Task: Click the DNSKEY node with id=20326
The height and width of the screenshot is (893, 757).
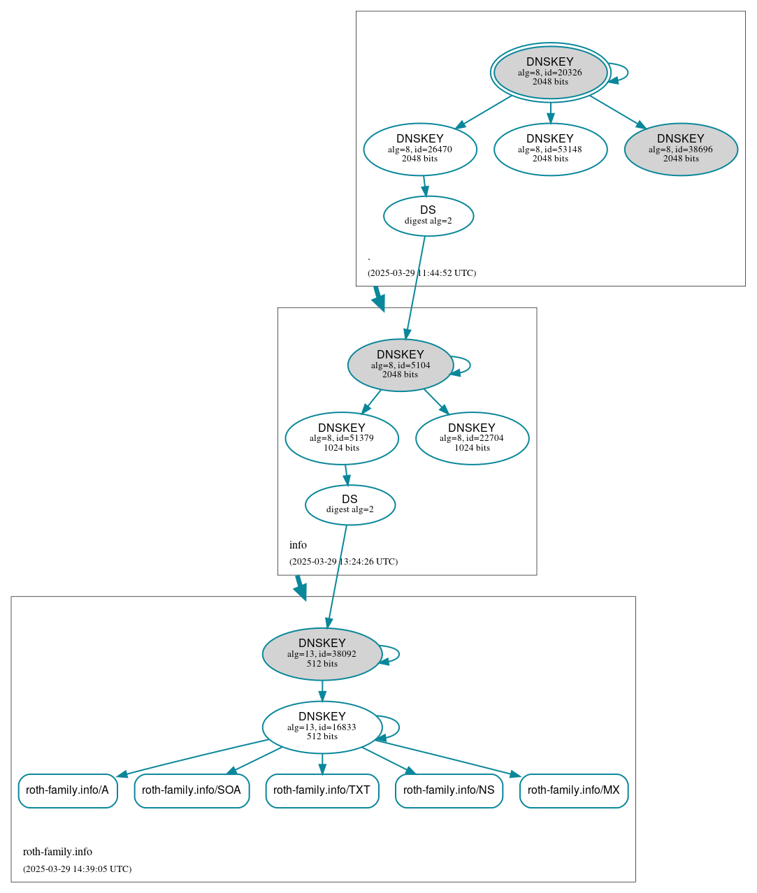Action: pyautogui.click(x=550, y=72)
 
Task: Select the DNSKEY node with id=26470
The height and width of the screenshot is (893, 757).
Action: pyautogui.click(x=420, y=149)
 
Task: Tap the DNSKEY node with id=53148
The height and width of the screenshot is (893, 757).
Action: pyautogui.click(x=550, y=149)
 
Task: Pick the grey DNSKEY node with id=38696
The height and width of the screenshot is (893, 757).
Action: pyautogui.click(x=681, y=149)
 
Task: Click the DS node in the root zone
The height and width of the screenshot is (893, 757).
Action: pyautogui.click(x=428, y=216)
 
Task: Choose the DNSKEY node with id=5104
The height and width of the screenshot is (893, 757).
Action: pyautogui.click(x=401, y=365)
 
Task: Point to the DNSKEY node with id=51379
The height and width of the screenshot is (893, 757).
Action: pyautogui.click(x=342, y=438)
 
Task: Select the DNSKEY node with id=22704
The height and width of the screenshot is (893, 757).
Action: pyautogui.click(x=472, y=438)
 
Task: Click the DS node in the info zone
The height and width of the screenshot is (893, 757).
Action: pyautogui.click(x=350, y=504)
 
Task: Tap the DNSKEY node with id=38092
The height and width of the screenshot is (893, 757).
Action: pyautogui.click(x=322, y=654)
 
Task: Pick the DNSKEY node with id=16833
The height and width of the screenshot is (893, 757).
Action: pyautogui.click(x=322, y=727)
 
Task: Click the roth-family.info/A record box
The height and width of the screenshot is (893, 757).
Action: pyautogui.click(x=68, y=790)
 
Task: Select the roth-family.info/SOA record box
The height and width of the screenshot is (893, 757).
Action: pyautogui.click(x=192, y=790)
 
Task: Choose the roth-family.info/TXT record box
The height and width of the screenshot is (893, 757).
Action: pyautogui.click(x=322, y=790)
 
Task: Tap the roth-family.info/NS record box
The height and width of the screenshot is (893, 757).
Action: pyautogui.click(x=449, y=790)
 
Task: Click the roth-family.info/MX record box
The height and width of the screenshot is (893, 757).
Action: pyautogui.click(x=574, y=790)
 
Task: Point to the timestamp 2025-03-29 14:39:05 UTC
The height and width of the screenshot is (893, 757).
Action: pyautogui.click(x=77, y=869)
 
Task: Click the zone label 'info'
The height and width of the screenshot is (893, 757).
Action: pyautogui.click(x=298, y=545)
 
